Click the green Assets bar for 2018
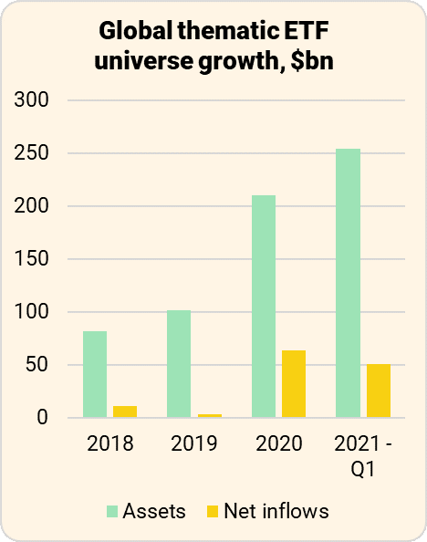coord(95,374)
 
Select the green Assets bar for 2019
coord(179,364)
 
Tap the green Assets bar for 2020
coord(264,307)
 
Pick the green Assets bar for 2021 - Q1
coord(348,283)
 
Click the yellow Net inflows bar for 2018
coord(125,412)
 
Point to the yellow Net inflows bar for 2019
coord(209,416)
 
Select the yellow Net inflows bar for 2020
coord(294,384)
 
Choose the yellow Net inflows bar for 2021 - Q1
coord(378,391)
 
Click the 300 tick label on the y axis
coord(33,100)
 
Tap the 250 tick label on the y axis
coord(33,153)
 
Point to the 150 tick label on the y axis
coord(33,259)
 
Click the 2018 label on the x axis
coord(110,444)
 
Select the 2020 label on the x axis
coord(278,444)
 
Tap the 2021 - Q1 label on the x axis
coord(362,455)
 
